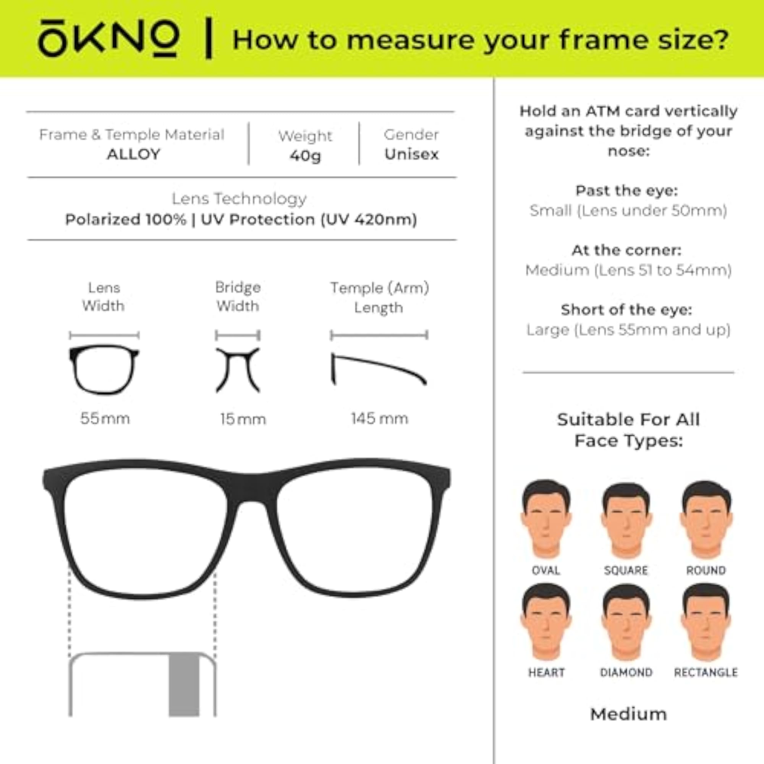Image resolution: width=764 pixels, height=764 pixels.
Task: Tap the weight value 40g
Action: (305, 155)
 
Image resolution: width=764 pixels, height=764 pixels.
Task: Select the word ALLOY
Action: (134, 154)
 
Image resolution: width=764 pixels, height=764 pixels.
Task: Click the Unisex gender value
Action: (411, 154)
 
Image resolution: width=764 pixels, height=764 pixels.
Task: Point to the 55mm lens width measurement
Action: (105, 418)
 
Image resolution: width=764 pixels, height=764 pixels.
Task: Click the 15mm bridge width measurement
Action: (243, 419)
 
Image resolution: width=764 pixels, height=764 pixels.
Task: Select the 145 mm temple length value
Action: (379, 418)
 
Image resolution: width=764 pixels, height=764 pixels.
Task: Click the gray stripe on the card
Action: (184, 684)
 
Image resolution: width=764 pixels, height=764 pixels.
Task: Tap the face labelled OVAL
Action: (546, 518)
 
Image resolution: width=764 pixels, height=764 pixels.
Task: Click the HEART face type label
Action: (546, 672)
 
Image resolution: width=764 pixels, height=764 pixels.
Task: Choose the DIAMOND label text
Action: (626, 672)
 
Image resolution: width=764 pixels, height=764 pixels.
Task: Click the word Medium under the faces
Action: (628, 715)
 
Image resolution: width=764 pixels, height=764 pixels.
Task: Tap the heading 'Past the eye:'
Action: (627, 191)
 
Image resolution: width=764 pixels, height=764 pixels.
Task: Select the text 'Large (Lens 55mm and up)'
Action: (628, 329)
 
